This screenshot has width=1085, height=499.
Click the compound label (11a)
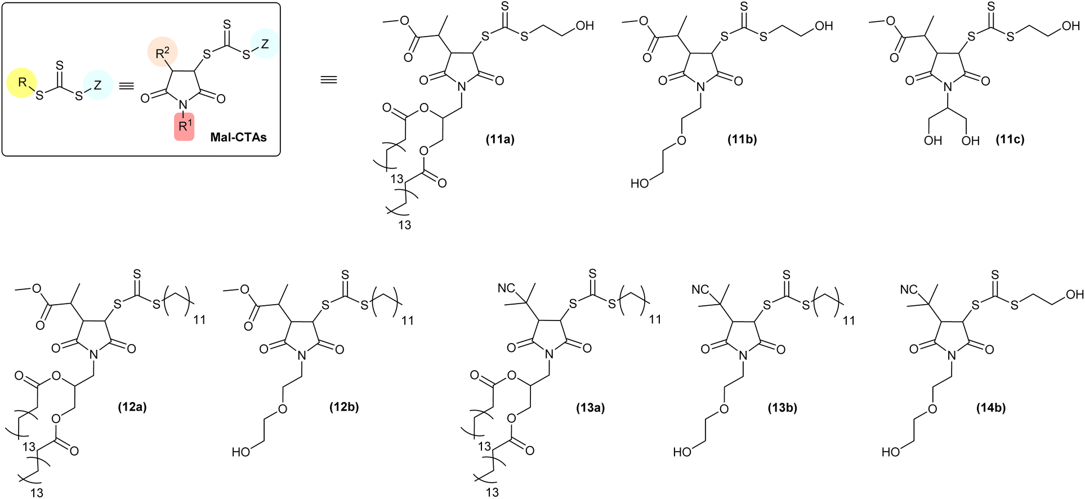pyautogui.click(x=500, y=139)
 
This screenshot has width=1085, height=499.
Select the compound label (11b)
pyautogui.click(x=742, y=139)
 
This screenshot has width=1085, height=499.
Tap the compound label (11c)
pyautogui.click(x=1010, y=139)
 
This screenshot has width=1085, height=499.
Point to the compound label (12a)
pyautogui.click(x=132, y=407)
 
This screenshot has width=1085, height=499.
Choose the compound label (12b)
pyautogui.click(x=344, y=407)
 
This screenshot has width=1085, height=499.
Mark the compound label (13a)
pyautogui.click(x=590, y=407)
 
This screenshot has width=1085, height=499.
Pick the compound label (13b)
pyautogui.click(x=783, y=407)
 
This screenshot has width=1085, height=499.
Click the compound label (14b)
pyautogui.click(x=991, y=407)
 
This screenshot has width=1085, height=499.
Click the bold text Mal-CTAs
pyautogui.click(x=238, y=137)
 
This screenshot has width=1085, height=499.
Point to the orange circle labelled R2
pyautogui.click(x=163, y=54)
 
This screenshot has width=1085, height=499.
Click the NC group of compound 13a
pyautogui.click(x=506, y=288)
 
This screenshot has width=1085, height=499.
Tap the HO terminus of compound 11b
pyautogui.click(x=640, y=183)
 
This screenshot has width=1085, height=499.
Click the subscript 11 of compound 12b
pyautogui.click(x=407, y=320)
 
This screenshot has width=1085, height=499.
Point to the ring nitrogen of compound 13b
pyautogui.click(x=743, y=355)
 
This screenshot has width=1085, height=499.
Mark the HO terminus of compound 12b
pyautogui.click(x=241, y=452)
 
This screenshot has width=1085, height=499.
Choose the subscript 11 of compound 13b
pyautogui.click(x=849, y=320)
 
